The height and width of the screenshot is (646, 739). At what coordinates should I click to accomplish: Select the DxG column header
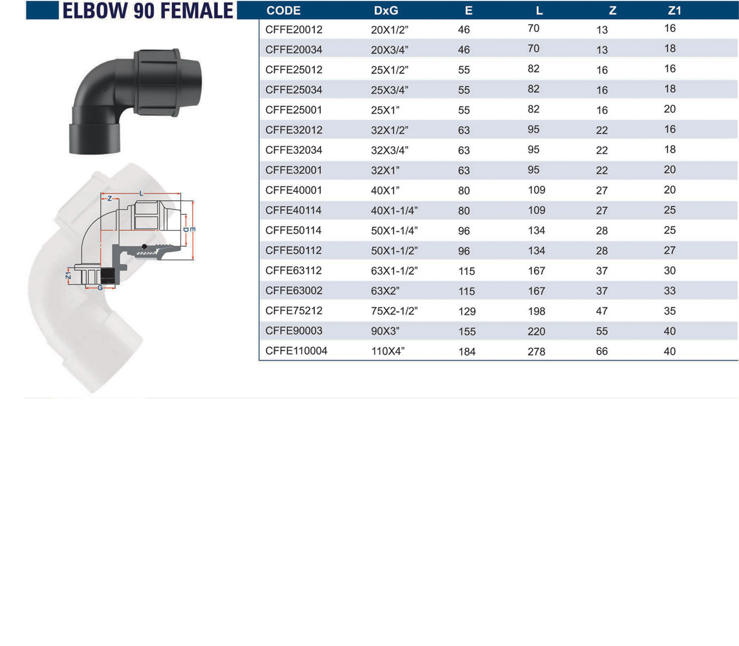click(x=386, y=10)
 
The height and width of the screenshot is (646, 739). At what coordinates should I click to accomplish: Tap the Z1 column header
click(x=674, y=10)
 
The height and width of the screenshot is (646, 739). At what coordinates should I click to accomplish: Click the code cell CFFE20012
click(x=294, y=30)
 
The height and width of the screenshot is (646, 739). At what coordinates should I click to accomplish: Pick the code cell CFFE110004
click(x=296, y=351)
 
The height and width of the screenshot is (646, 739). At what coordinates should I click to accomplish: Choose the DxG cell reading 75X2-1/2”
click(x=394, y=311)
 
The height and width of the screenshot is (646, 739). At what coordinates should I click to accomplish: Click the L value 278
click(x=536, y=351)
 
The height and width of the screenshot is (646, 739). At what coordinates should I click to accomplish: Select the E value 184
click(x=467, y=351)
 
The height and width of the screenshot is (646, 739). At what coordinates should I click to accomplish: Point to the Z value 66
click(x=602, y=351)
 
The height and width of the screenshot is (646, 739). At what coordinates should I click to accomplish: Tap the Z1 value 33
click(x=669, y=290)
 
